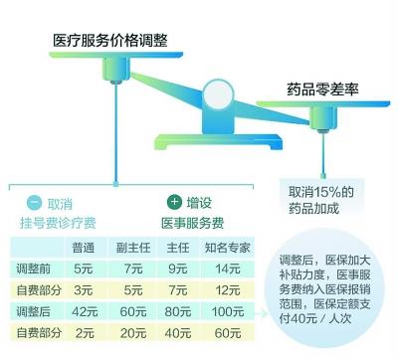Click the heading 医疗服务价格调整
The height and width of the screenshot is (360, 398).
click(111, 40)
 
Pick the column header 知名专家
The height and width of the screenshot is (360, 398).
click(234, 247)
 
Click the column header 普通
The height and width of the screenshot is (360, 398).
click(85, 247)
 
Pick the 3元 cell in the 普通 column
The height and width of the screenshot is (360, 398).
click(85, 288)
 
